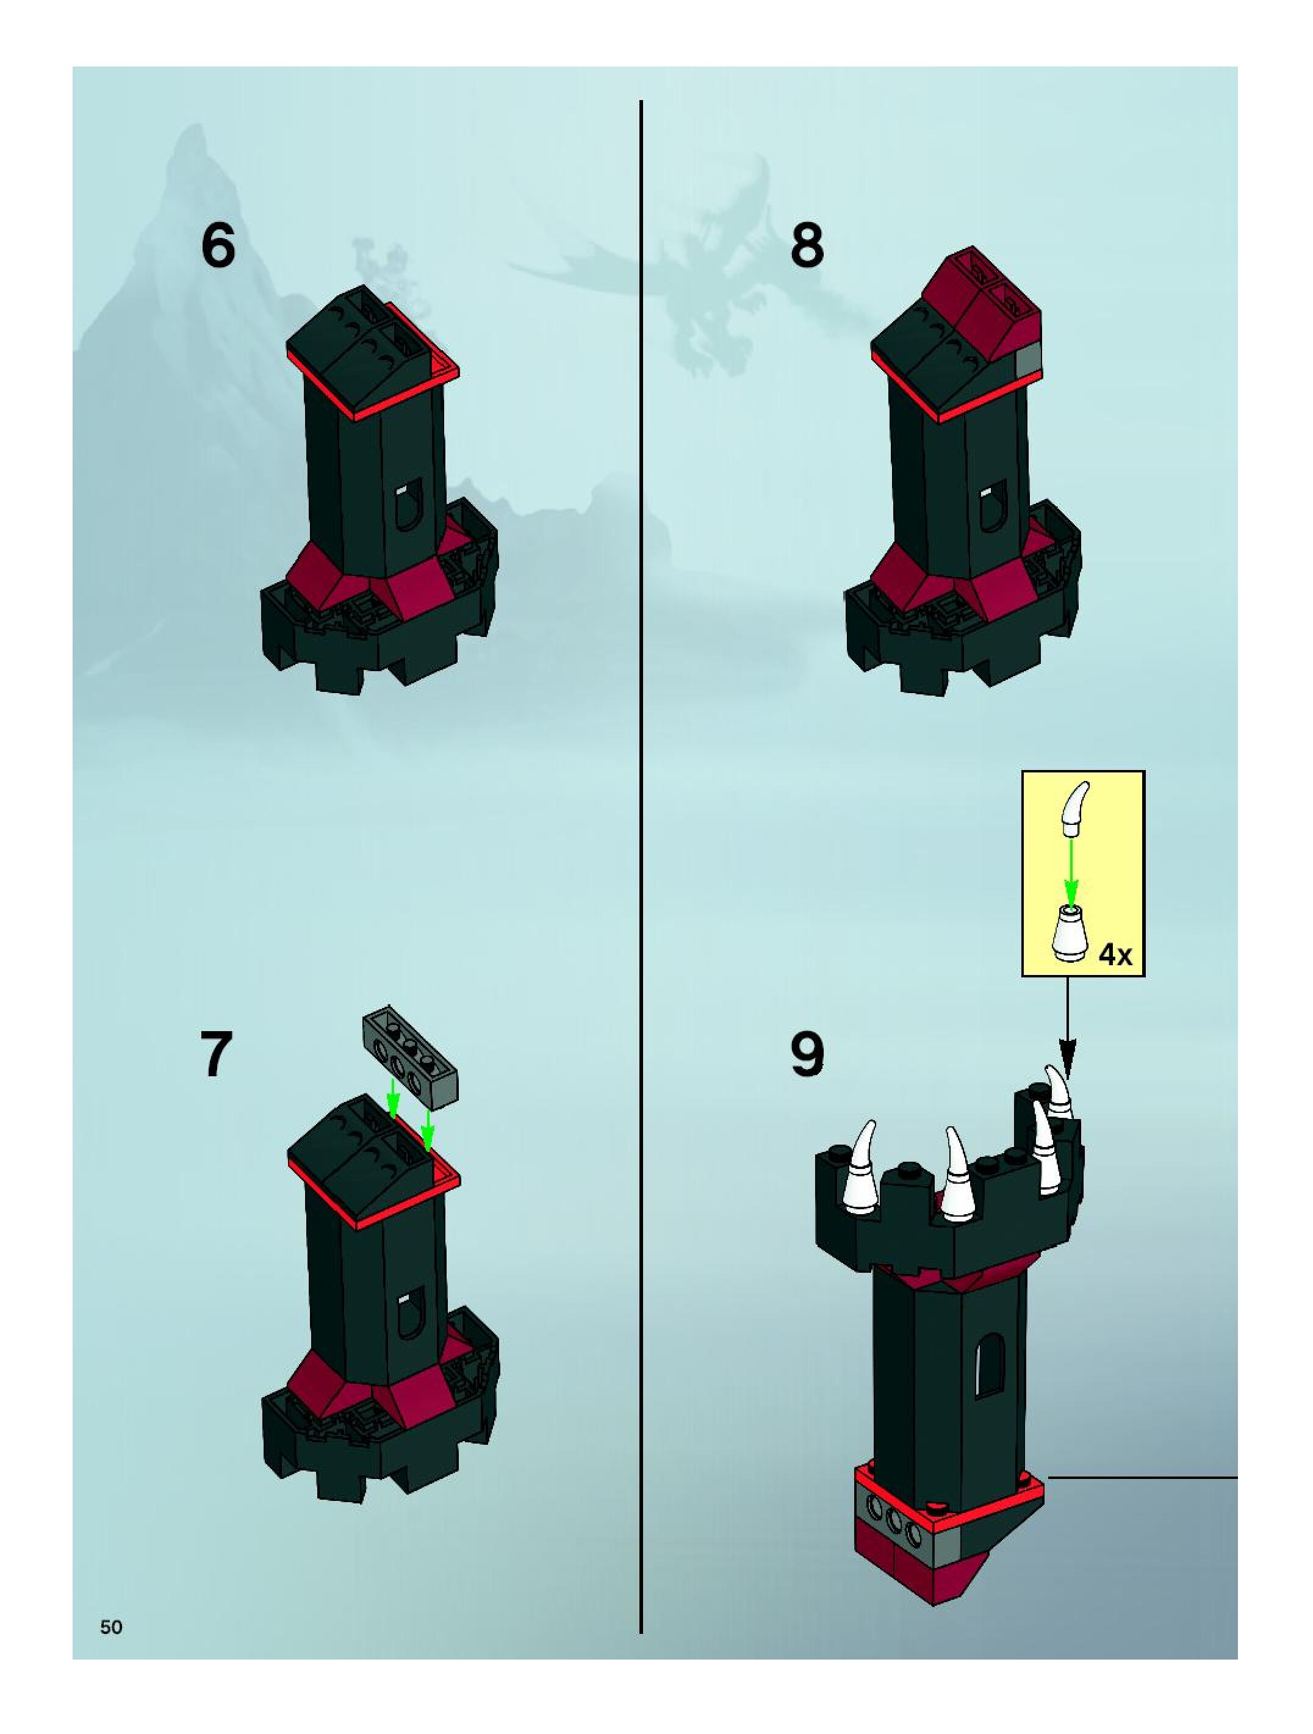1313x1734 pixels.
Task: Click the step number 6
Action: click(x=218, y=246)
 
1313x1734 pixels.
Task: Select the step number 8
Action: click(x=807, y=246)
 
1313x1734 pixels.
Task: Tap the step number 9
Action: click(x=807, y=1054)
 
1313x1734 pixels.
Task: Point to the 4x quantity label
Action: click(x=1115, y=955)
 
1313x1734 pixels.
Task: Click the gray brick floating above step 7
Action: click(x=410, y=1055)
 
